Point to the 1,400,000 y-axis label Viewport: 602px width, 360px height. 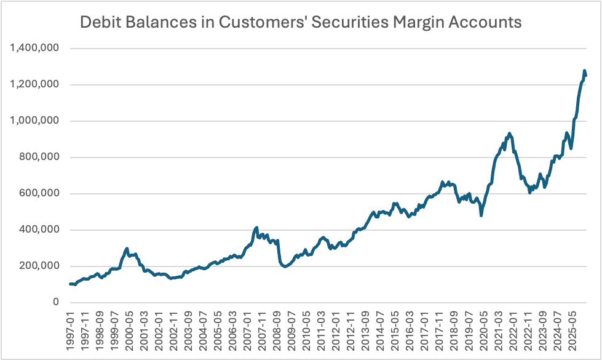(x=35, y=48)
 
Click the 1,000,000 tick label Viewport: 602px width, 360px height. (x=35, y=121)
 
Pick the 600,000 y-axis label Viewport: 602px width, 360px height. (x=39, y=193)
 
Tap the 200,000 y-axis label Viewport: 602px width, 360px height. (x=39, y=266)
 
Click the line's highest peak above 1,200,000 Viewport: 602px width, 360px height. (x=584, y=71)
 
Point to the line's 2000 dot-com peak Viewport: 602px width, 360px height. (x=127, y=248)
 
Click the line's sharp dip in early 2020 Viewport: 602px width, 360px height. (x=481, y=215)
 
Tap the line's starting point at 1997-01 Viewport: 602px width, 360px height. (x=70, y=284)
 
